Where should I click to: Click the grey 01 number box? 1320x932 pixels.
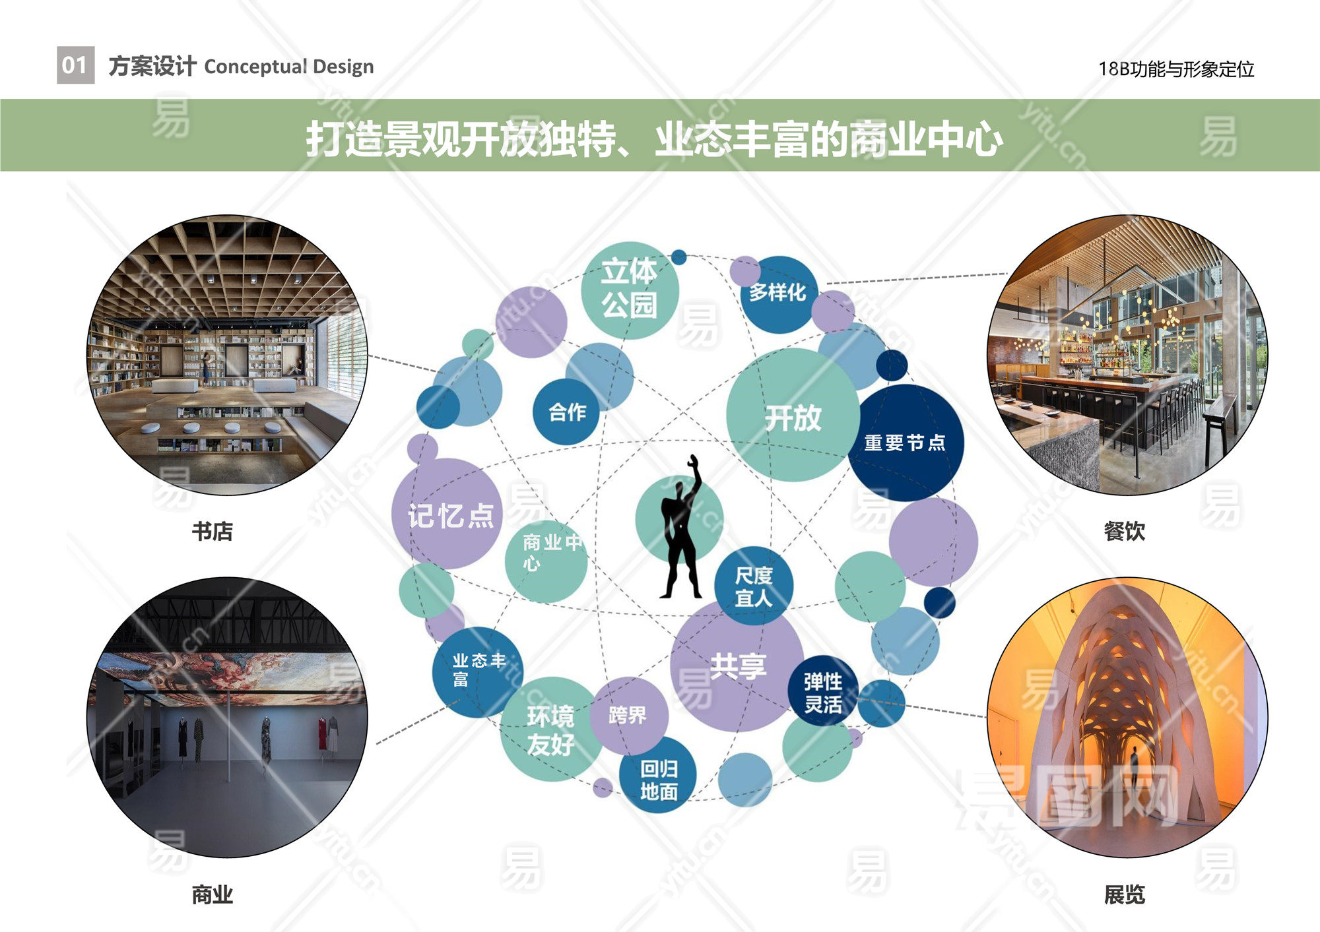coord(75,65)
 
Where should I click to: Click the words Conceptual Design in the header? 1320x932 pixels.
coord(289,67)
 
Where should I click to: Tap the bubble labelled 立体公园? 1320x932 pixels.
coord(630,290)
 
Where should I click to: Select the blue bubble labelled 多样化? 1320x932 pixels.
coord(779,294)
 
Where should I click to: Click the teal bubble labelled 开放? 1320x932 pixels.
coord(793,415)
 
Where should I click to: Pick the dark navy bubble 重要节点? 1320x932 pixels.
coord(906,443)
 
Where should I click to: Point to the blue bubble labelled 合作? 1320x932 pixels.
coord(566,412)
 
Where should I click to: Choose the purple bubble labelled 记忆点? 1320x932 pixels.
coord(447,514)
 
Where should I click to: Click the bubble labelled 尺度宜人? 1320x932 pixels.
coord(754,586)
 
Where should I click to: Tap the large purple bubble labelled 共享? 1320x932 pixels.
coord(737,665)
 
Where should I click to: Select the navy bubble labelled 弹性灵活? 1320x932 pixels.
coord(823,692)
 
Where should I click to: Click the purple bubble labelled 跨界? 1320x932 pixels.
coord(628,716)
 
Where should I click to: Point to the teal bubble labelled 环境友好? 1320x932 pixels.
coord(552,730)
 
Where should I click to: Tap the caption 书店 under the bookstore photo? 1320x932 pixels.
coord(213,531)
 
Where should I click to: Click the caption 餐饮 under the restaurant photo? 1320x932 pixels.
coord(1125,531)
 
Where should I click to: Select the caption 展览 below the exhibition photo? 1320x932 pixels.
coord(1125,895)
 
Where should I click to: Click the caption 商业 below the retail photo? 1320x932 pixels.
coord(213,895)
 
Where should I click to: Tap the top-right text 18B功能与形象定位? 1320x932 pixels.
coord(1176,69)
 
